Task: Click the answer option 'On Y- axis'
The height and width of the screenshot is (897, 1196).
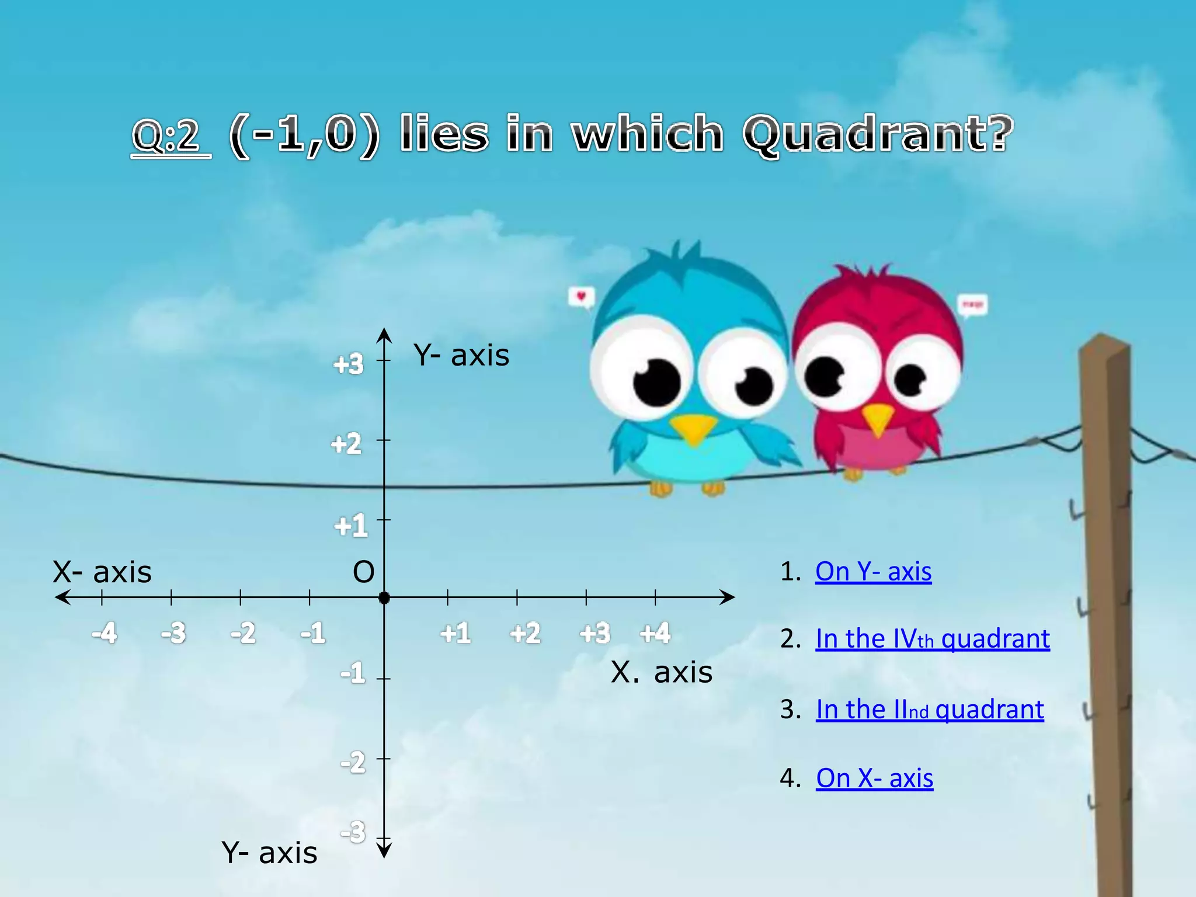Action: tap(873, 572)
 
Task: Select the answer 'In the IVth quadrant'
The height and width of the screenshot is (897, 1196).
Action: tap(933, 639)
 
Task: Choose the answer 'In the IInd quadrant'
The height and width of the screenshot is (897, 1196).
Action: tap(930, 710)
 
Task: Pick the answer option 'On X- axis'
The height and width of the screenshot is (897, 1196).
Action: tap(874, 778)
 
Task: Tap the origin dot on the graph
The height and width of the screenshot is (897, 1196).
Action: tap(384, 598)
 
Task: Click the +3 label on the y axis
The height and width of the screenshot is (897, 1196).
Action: tap(349, 364)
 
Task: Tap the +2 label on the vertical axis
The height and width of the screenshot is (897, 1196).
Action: tap(346, 444)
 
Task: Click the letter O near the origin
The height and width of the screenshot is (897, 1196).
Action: tap(363, 572)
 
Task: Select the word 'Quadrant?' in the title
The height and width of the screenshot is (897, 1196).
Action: tap(878, 135)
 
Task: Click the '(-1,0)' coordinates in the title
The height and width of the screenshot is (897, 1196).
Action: tap(304, 135)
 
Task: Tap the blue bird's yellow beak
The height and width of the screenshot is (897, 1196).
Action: tap(694, 429)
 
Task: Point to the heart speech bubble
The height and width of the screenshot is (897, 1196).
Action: tap(581, 297)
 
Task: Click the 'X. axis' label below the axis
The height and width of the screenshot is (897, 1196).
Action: tap(662, 673)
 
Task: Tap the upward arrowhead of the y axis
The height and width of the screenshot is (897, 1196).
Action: tap(384, 335)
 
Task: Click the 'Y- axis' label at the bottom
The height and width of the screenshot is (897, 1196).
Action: tap(269, 853)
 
